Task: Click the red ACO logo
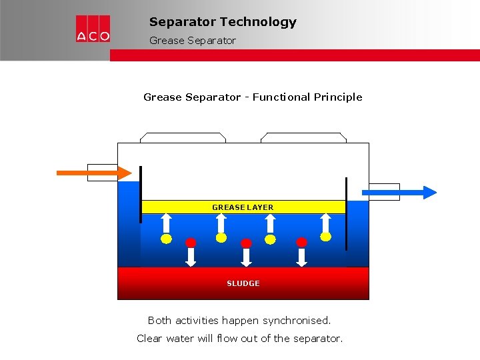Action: [x=93, y=29]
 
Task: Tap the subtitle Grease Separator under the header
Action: [x=192, y=41]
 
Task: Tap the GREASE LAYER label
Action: [x=243, y=207]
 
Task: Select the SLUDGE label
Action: [x=243, y=283]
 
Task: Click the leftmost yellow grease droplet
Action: [x=167, y=238]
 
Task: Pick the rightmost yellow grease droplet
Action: [x=325, y=236]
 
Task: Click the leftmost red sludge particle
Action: [x=191, y=242]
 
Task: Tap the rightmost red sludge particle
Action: [x=301, y=242]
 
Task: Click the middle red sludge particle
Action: [x=246, y=243]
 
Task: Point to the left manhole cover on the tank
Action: [x=183, y=137]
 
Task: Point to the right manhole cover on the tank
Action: [x=303, y=137]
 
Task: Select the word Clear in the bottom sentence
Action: [x=149, y=339]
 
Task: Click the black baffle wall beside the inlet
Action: [x=140, y=193]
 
